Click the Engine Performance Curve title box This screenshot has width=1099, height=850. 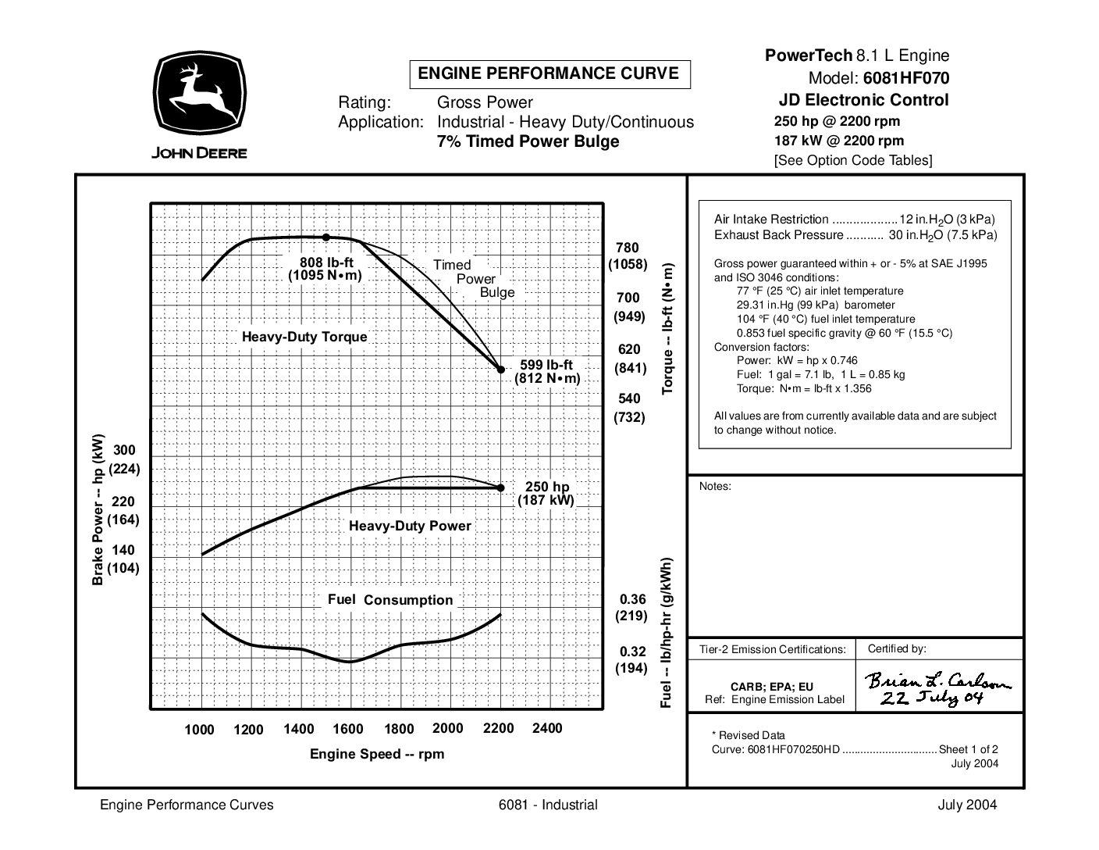point(549,74)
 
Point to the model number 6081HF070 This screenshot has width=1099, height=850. point(905,78)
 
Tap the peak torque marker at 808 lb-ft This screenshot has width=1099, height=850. point(326,237)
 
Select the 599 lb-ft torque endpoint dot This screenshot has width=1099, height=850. point(501,369)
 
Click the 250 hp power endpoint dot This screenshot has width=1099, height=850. point(500,487)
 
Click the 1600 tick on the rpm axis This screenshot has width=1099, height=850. point(348,729)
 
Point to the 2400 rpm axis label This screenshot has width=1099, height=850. point(546,728)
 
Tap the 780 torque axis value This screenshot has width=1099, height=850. point(628,248)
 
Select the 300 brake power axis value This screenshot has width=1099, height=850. point(124,450)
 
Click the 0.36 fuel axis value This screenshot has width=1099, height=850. point(632,599)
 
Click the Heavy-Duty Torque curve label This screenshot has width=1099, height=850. point(304,337)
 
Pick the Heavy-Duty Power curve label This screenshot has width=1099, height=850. point(410,526)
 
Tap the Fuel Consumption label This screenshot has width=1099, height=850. point(390,600)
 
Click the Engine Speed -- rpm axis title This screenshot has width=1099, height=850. point(377,754)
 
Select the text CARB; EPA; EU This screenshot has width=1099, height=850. point(772,687)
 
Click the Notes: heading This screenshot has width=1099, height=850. point(715,486)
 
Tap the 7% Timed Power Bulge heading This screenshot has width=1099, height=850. point(528,141)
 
